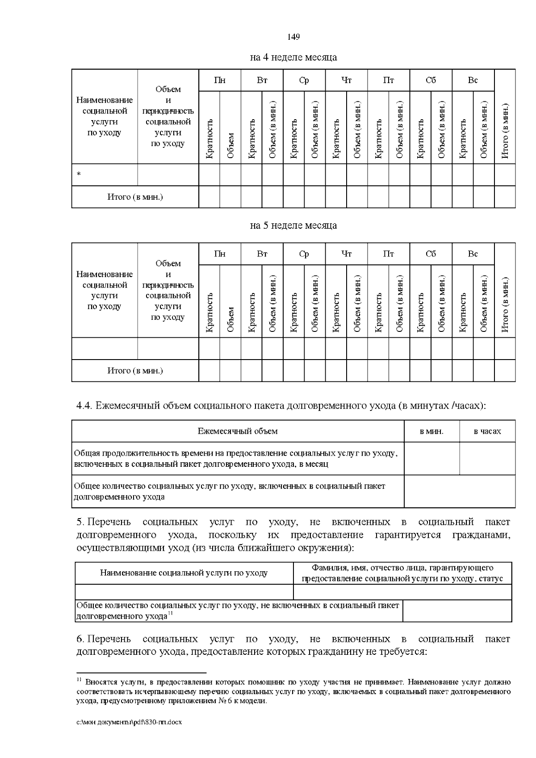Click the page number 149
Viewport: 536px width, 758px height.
(293, 37)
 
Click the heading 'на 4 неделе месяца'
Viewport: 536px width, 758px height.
(293, 57)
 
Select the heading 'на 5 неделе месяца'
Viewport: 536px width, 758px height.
(293, 225)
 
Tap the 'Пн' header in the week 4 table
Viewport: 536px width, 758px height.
(219, 80)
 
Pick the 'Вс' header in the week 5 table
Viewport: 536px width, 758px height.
(473, 254)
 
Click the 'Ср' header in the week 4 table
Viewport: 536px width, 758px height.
(304, 80)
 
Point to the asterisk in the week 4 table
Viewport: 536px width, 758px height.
(79, 175)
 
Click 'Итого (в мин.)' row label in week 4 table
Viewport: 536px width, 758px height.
(135, 197)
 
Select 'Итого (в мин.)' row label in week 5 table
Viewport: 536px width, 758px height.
(135, 371)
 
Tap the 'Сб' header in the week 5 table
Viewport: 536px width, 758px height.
(431, 254)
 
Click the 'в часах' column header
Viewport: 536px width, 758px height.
(487, 431)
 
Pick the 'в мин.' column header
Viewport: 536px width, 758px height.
(431, 431)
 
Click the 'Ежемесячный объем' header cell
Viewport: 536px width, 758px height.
(238, 431)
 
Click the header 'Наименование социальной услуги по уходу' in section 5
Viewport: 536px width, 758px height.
(184, 573)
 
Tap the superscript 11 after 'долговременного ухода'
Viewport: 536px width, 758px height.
(170, 615)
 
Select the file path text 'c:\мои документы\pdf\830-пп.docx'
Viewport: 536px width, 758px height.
(130, 722)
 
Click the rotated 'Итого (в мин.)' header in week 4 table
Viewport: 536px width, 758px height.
(505, 131)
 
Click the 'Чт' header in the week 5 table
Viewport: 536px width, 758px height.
(346, 254)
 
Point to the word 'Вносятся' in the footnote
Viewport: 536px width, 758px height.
(100, 682)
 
